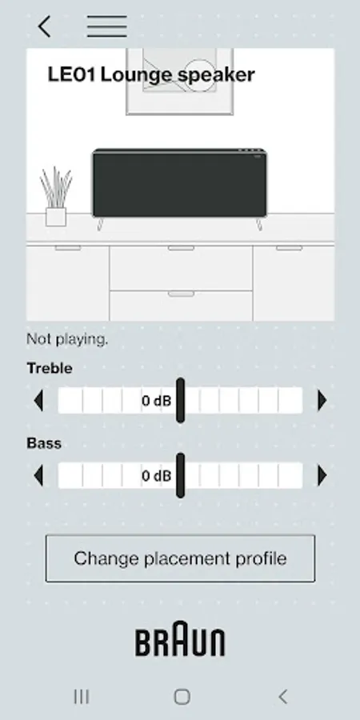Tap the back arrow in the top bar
point(44,26)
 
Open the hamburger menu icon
point(107,26)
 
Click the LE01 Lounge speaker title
point(151,74)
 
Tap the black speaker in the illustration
point(179,183)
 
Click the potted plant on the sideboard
point(55,197)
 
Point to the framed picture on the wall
point(179,82)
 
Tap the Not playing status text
point(67,339)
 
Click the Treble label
point(50,368)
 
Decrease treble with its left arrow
point(39,401)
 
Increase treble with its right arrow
point(322,401)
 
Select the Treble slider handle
point(181,401)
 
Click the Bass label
point(44,443)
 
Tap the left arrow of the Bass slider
point(39,475)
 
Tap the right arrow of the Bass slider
point(322,475)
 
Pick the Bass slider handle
point(181,475)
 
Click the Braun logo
point(180,638)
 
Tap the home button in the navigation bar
point(182,697)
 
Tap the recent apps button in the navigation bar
point(82,697)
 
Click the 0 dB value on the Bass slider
point(156,476)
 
